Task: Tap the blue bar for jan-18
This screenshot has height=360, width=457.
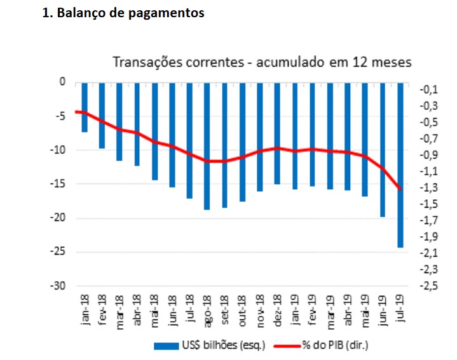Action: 85,107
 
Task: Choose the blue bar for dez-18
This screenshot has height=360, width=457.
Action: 277,133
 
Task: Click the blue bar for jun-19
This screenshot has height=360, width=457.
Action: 383,149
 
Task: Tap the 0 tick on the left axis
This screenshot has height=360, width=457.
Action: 62,82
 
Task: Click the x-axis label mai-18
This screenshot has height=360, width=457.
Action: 155,310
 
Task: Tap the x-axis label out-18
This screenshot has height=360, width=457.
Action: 242,310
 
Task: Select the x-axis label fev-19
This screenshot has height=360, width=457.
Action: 312,310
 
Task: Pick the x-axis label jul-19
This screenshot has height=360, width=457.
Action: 400,310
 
